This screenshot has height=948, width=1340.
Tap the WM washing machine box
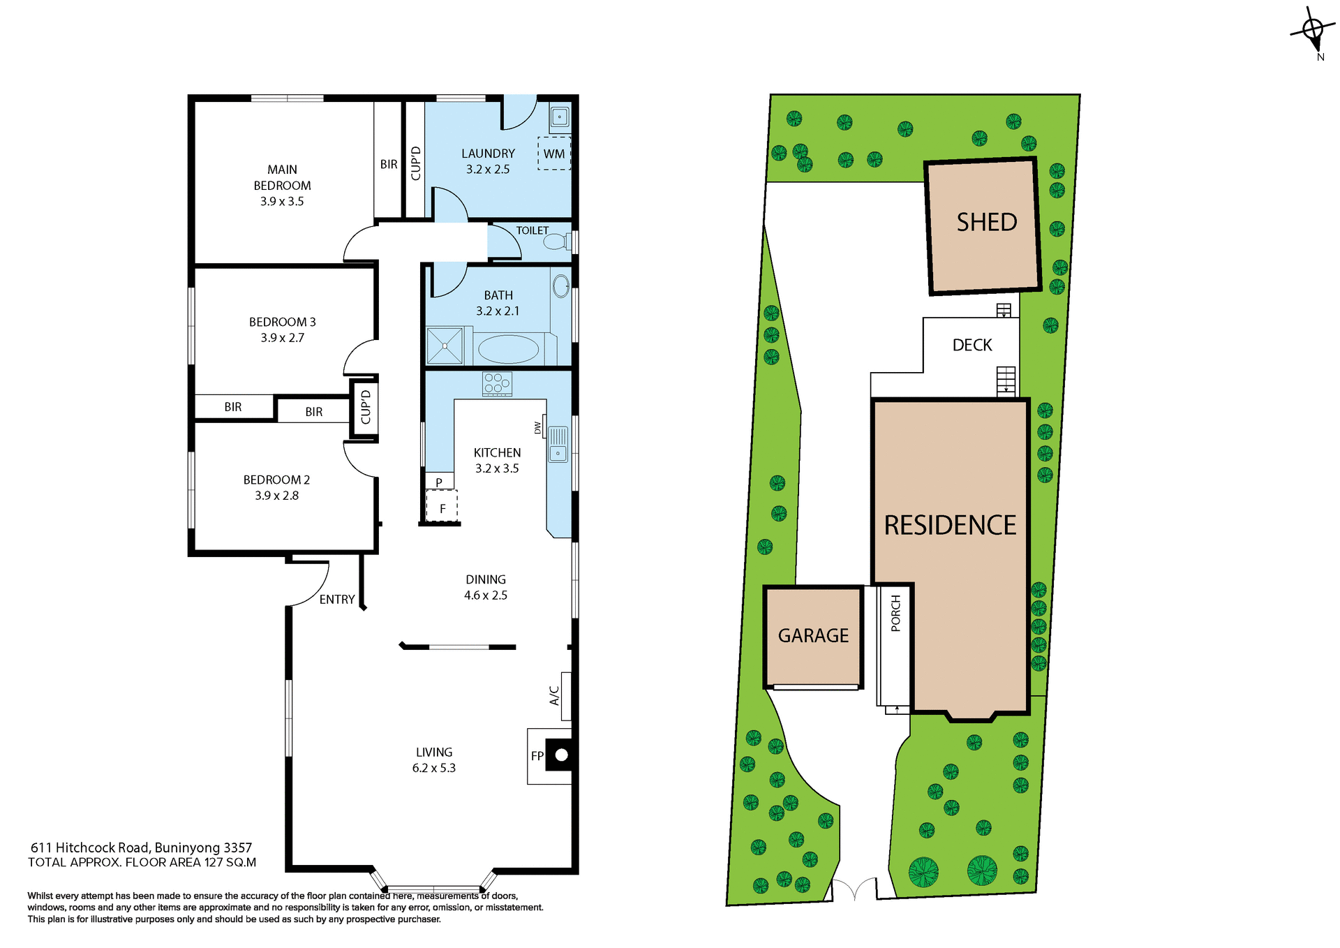tap(554, 154)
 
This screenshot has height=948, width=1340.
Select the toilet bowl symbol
tap(556, 242)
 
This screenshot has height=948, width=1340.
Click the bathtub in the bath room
tap(508, 349)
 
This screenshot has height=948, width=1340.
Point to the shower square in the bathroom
tap(445, 346)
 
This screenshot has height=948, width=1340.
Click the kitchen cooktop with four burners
tap(497, 383)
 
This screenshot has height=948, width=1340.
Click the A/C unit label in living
tap(555, 695)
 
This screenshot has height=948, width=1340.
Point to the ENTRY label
tap(337, 599)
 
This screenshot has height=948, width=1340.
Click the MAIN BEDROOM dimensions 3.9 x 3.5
tap(282, 201)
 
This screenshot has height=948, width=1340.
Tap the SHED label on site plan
tap(986, 223)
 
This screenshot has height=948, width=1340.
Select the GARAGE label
tap(813, 636)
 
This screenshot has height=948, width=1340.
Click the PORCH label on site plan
tap(896, 614)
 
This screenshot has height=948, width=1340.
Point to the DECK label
tap(971, 345)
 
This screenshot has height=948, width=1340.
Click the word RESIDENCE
tap(950, 526)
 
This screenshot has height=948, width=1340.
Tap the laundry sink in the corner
tap(560, 117)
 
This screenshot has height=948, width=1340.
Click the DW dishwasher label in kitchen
tap(537, 427)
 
